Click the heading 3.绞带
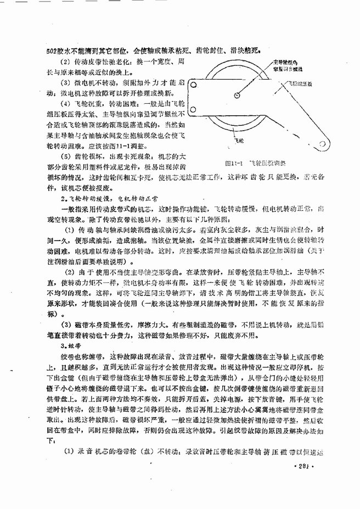[x=69, y=346]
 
